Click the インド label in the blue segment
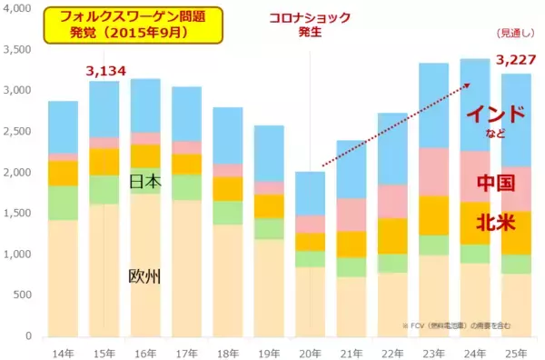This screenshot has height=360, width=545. (495, 115)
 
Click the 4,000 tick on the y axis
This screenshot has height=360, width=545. (17, 9)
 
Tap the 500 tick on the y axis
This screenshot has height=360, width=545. (23, 295)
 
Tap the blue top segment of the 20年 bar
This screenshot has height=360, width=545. (311, 193)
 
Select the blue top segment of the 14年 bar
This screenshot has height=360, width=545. (62, 126)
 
